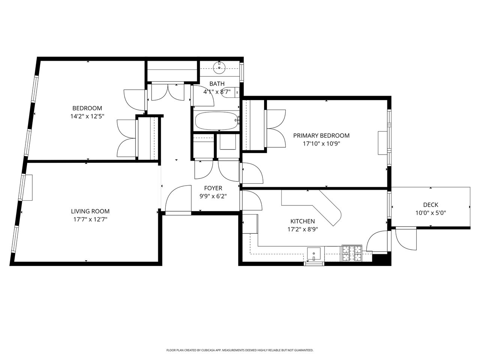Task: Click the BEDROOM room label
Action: pyautogui.click(x=87, y=108)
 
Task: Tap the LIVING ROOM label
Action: pyautogui.click(x=90, y=211)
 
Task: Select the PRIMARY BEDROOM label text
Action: pyautogui.click(x=321, y=135)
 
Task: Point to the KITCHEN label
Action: pyautogui.click(x=302, y=221)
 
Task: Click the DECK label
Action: pyautogui.click(x=430, y=205)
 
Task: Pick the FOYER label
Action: pyautogui.click(x=213, y=188)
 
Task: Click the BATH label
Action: pyautogui.click(x=217, y=84)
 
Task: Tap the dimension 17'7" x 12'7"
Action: pyautogui.click(x=90, y=219)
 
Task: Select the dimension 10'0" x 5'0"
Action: pyautogui.click(x=430, y=213)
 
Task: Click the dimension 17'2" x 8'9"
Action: pyautogui.click(x=302, y=229)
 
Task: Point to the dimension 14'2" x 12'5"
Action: pyautogui.click(x=87, y=116)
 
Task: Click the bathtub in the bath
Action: pyautogui.click(x=216, y=121)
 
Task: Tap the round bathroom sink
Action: pyautogui.click(x=219, y=68)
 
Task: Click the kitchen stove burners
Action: pyautogui.click(x=351, y=253)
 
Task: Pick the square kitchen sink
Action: pyautogui.click(x=314, y=254)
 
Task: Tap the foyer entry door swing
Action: pyautogui.click(x=178, y=198)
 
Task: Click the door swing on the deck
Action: pyautogui.click(x=406, y=238)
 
